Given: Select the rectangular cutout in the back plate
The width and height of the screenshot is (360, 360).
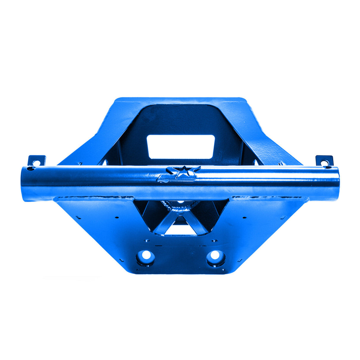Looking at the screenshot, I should pos(181,146).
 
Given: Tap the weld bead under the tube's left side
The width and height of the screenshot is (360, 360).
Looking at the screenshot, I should pos(95,198).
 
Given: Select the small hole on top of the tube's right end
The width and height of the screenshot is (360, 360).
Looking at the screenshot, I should pos(328,168).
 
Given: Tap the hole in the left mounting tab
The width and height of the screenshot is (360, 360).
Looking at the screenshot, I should pos(36,163).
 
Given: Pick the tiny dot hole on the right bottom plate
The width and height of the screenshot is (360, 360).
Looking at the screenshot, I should pos(244,217).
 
